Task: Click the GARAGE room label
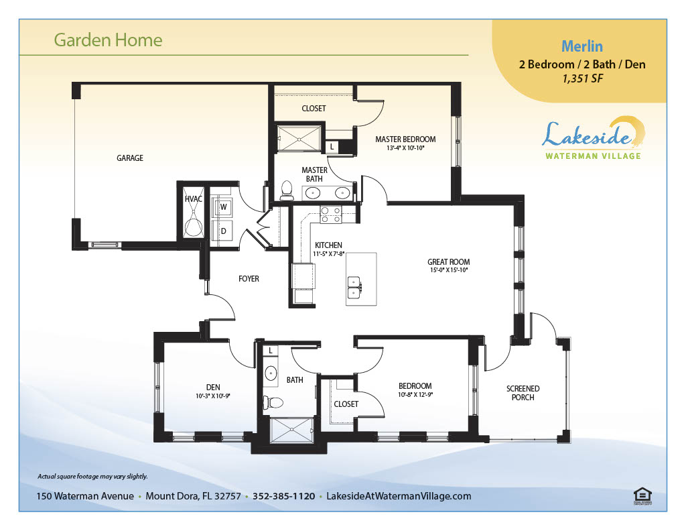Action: pyautogui.click(x=130, y=158)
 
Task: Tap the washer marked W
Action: pyautogui.click(x=222, y=207)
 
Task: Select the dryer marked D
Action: pyautogui.click(x=222, y=231)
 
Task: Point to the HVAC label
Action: pyautogui.click(x=194, y=199)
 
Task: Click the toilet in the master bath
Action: pyautogui.click(x=287, y=190)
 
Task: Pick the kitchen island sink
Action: pyautogui.click(x=354, y=287)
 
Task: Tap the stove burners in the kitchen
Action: pyautogui.click(x=331, y=215)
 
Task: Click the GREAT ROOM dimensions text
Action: pyautogui.click(x=449, y=271)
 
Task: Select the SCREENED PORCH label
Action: pyautogui.click(x=523, y=393)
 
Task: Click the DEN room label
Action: pyautogui.click(x=213, y=388)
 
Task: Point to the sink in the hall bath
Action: pyautogui.click(x=271, y=374)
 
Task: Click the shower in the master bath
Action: pyautogui.click(x=299, y=139)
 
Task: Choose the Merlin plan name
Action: pyautogui.click(x=582, y=46)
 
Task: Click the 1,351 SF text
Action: pyautogui.click(x=582, y=79)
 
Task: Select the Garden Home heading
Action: pyautogui.click(x=108, y=40)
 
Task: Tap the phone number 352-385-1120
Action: pyautogui.click(x=283, y=496)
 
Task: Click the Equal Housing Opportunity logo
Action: pyautogui.click(x=642, y=496)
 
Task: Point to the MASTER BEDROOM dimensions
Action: pyautogui.click(x=405, y=148)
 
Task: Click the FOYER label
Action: pyautogui.click(x=249, y=279)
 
